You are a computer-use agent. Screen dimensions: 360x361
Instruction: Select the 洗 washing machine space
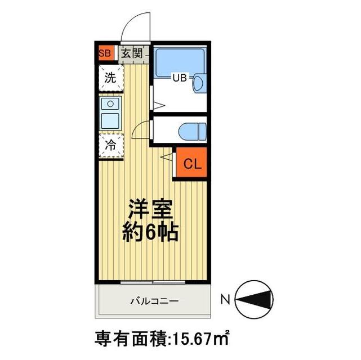coord(112,78)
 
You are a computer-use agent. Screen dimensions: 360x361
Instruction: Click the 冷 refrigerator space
coord(112,145)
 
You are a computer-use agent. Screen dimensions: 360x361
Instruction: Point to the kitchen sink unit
coord(110,113)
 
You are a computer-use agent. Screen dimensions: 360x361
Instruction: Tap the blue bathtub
coord(179,60)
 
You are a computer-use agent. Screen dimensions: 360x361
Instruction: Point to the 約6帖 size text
coord(151,231)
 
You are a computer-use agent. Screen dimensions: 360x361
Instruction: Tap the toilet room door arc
coord(141,131)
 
